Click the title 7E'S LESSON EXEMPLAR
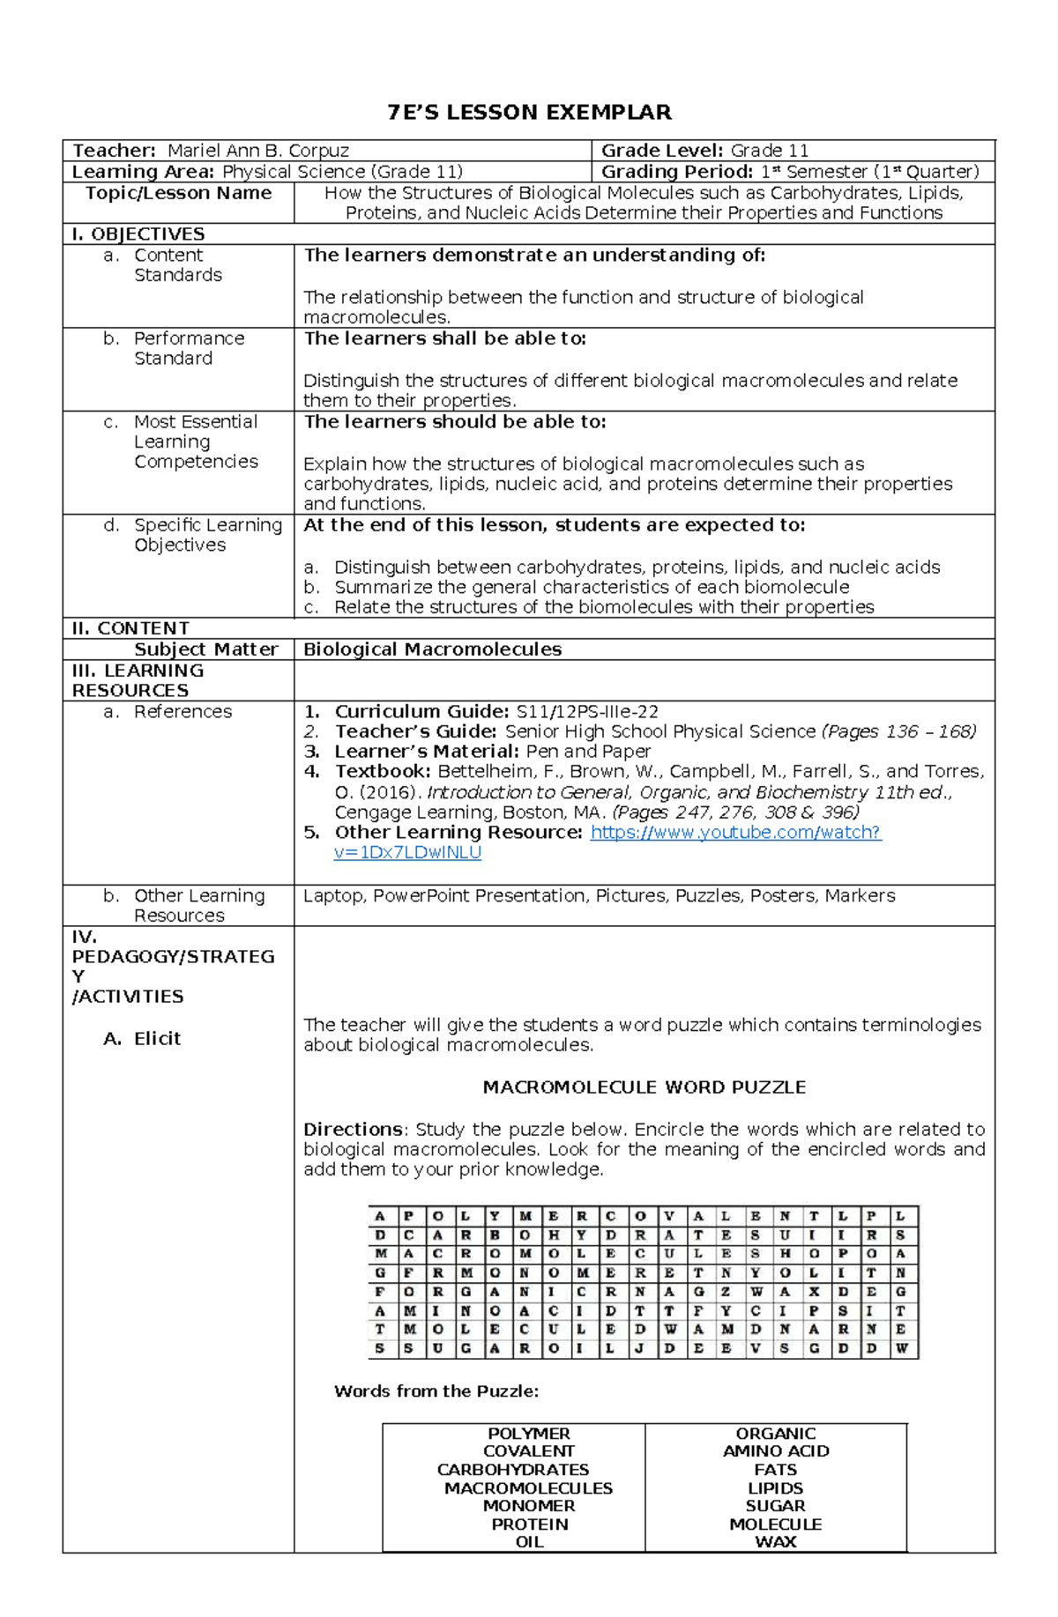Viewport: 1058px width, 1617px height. [x=529, y=113]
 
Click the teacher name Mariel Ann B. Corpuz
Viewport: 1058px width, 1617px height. [x=258, y=151]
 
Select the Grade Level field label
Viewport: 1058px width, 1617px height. [x=661, y=151]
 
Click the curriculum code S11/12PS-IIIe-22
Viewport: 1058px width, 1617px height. [x=587, y=712]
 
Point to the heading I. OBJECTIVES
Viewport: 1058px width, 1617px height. [x=138, y=234]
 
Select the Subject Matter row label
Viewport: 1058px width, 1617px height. [x=205, y=649]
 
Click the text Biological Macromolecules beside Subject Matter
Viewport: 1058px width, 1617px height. [x=432, y=649]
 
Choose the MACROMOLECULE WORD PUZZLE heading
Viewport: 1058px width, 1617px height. [x=644, y=1087]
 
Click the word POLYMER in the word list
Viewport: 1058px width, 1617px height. [x=528, y=1434]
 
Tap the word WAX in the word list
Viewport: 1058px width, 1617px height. [x=775, y=1542]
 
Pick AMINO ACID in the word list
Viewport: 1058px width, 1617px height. [x=775, y=1451]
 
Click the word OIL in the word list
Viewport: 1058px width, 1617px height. [x=529, y=1542]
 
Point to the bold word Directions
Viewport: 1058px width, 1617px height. [x=353, y=1130]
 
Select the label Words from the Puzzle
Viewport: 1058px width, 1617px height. [x=436, y=1391]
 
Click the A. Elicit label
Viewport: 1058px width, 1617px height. [x=142, y=1039]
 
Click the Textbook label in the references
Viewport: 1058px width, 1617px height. [x=383, y=772]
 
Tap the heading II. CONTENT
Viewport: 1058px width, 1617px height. [x=130, y=628]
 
